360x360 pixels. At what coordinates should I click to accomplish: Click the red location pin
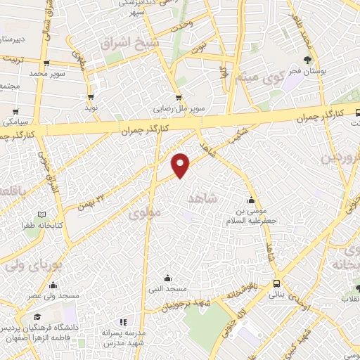coord(181,164)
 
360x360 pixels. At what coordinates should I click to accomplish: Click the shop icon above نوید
coord(91,97)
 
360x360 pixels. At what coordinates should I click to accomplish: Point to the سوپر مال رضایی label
coord(180,110)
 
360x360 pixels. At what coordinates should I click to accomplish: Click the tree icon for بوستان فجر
coord(307,61)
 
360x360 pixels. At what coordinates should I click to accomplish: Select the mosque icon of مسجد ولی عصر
coord(53,285)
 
